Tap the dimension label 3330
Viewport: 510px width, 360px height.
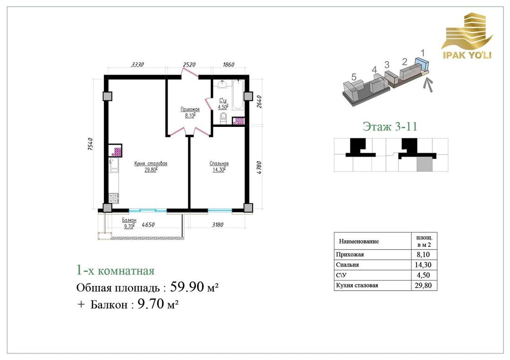coord(137,65)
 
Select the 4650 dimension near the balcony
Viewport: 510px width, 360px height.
coord(148,225)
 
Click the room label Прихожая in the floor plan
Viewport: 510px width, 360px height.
coord(190,109)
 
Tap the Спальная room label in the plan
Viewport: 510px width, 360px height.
coord(219,164)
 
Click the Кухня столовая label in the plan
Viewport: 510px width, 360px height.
coord(151,163)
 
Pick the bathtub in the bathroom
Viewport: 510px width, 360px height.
coord(238,94)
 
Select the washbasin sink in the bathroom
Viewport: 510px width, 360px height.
coord(223,84)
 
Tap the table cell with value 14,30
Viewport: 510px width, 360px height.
coord(423,265)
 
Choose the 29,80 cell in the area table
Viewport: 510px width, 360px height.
coord(423,285)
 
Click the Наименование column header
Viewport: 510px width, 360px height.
coord(359,242)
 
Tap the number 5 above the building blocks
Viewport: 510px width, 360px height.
coord(354,77)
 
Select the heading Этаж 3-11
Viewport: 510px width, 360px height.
coord(390,126)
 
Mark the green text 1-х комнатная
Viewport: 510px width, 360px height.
coord(115,271)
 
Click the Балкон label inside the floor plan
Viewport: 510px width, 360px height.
coord(129,220)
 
